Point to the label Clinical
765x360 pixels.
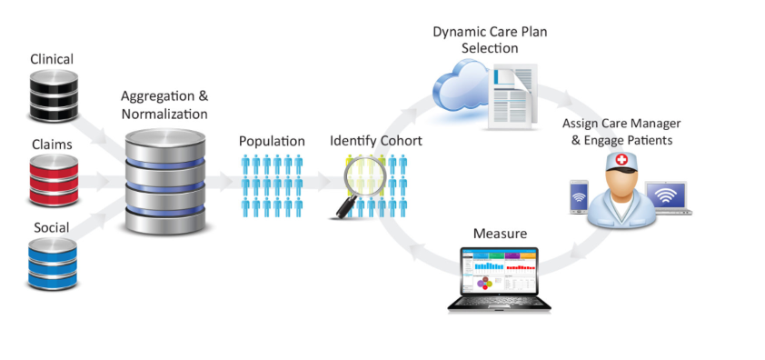[x=52, y=60]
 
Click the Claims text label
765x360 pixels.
[x=51, y=144]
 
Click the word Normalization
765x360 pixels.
[x=164, y=115]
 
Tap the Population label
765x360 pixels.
[x=272, y=142]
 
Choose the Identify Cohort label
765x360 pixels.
[x=375, y=142]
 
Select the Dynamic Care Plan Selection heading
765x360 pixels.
[x=489, y=40]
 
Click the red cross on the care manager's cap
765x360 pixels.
[x=621, y=160]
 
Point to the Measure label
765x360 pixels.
[x=500, y=234]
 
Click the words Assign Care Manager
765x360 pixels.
[x=621, y=124]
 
